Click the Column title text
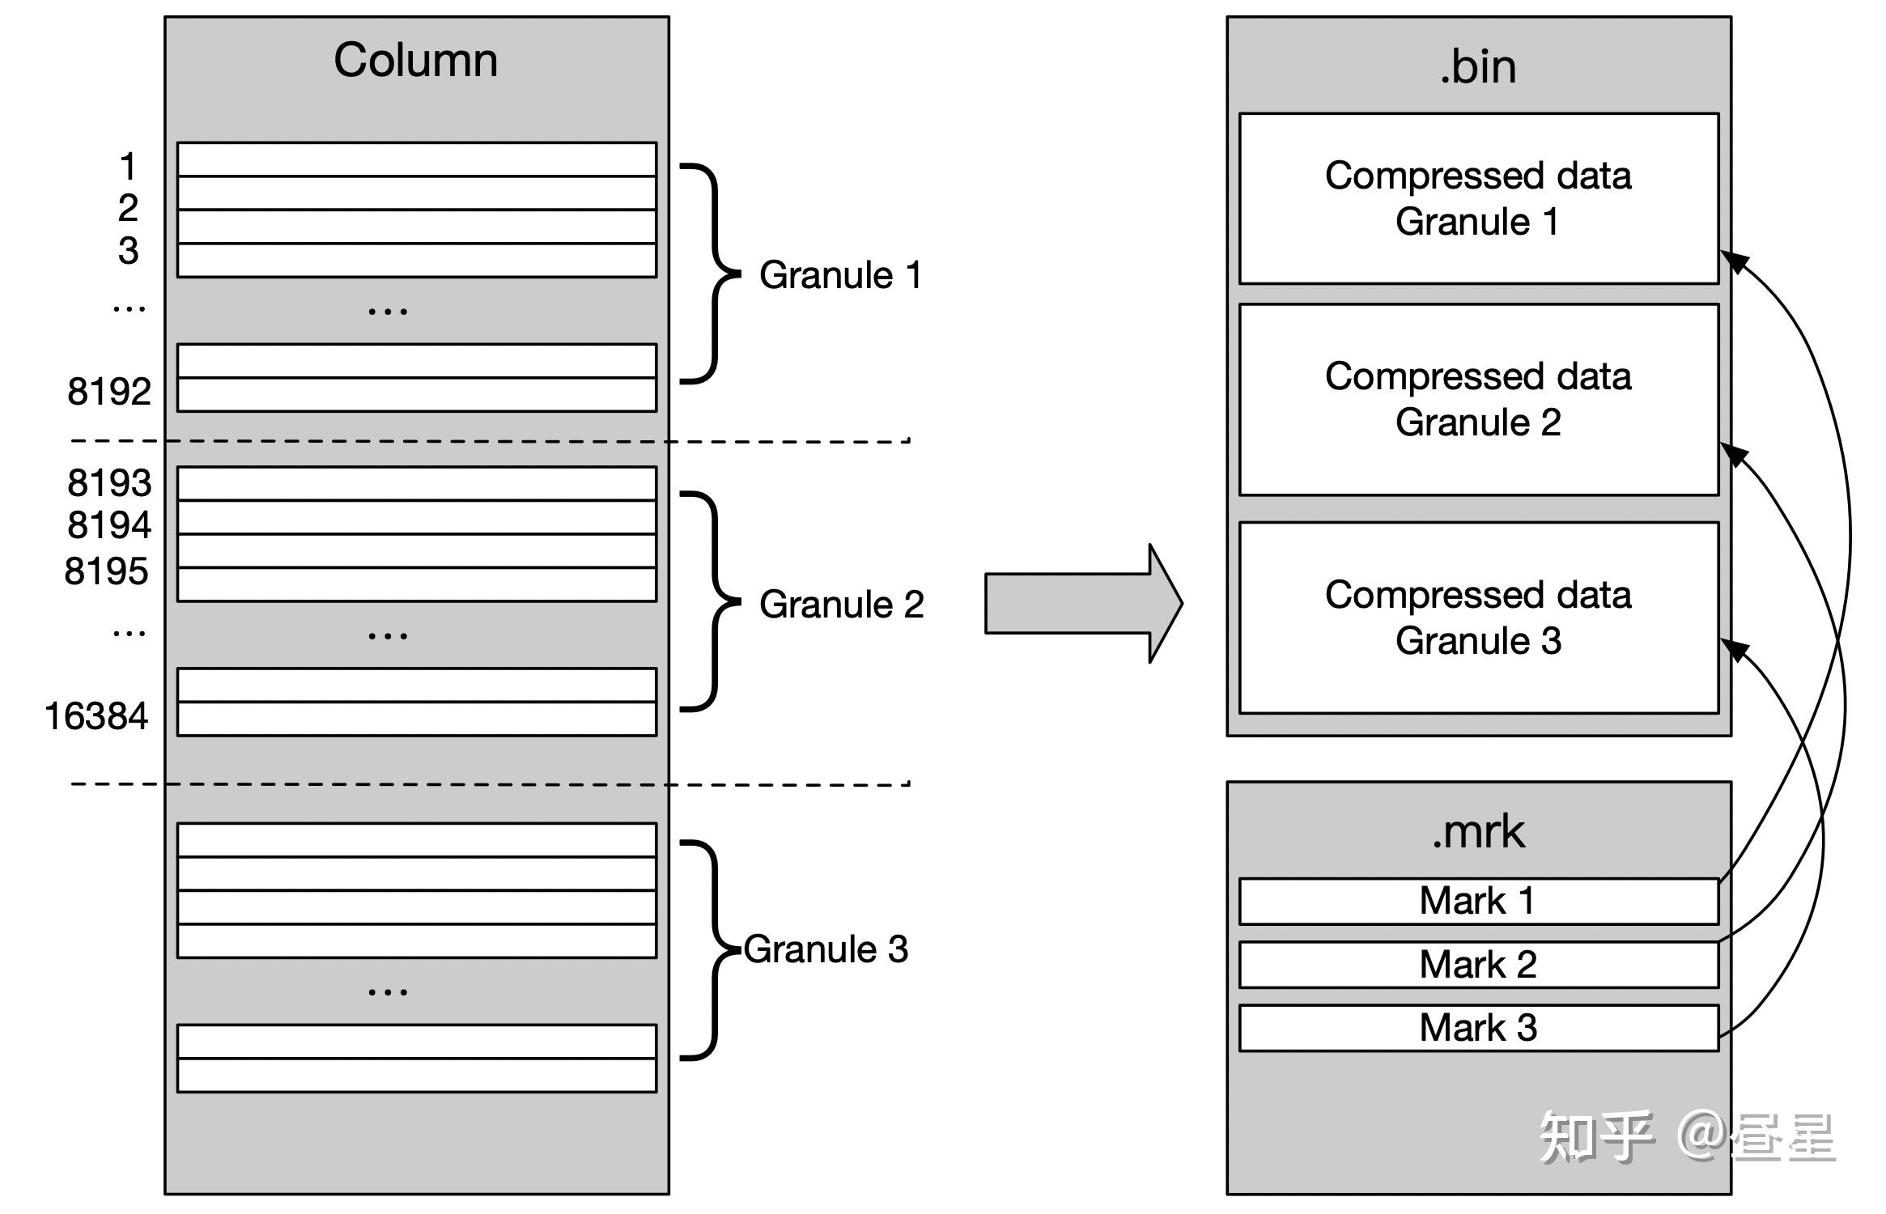(415, 61)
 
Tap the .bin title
(1477, 66)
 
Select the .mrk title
(1477, 832)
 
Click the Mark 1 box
(1477, 901)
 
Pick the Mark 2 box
(1477, 964)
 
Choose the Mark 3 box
(1477, 1028)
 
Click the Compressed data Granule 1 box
(1477, 199)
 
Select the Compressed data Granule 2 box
(1477, 400)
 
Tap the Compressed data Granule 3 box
(1477, 618)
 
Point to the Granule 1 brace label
(840, 275)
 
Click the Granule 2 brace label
(841, 605)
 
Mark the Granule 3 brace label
(826, 949)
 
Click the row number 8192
(109, 392)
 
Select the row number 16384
(96, 716)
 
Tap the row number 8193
(109, 483)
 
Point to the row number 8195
(107, 571)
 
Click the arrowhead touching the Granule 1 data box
(1734, 261)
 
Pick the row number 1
(128, 167)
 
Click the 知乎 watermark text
(1595, 1137)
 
